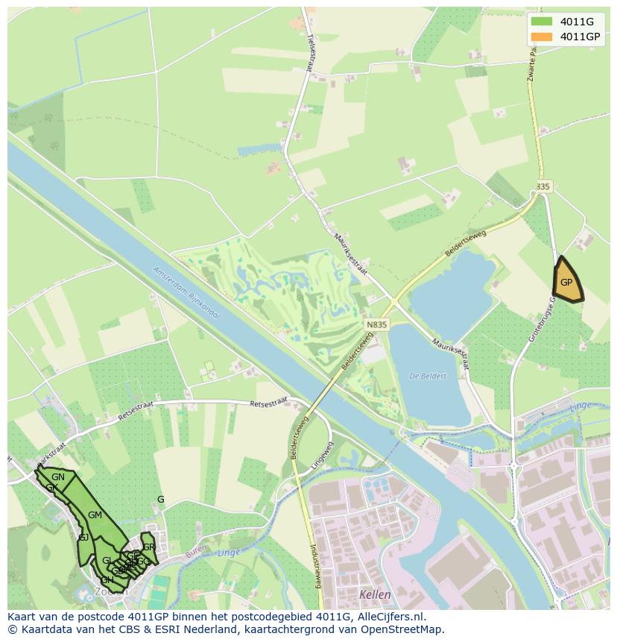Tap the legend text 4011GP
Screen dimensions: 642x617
(x=580, y=37)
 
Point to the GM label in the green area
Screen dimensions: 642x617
(x=95, y=515)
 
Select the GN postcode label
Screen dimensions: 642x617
(x=58, y=477)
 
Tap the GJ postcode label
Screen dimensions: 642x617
(x=83, y=538)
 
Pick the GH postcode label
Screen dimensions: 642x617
(x=107, y=580)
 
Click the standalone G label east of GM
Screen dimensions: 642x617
(x=160, y=500)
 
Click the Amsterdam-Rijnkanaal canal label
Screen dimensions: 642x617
(x=187, y=292)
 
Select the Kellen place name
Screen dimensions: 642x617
(x=374, y=595)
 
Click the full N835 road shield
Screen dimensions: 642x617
(x=377, y=324)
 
